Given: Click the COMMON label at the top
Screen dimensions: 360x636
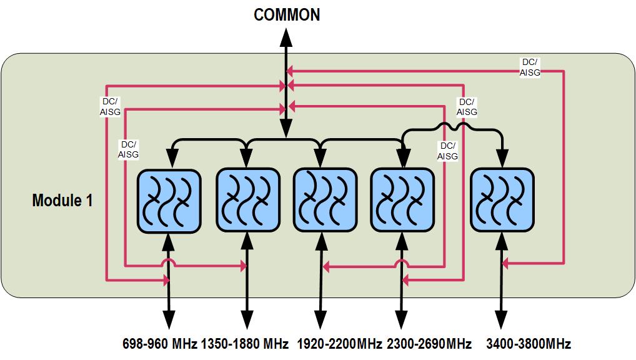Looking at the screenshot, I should tap(286, 15).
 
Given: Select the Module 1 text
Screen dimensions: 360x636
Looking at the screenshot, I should tap(62, 201).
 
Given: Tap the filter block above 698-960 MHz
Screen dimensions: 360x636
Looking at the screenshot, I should tap(169, 201).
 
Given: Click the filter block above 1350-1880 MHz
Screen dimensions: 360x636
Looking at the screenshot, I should tap(247, 201).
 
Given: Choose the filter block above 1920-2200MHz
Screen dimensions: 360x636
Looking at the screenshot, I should tap(325, 201).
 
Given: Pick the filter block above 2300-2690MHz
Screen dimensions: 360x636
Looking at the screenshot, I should tap(402, 201).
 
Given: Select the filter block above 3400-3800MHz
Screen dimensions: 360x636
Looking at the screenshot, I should tap(502, 201).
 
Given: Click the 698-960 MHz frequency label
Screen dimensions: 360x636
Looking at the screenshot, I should tap(160, 344).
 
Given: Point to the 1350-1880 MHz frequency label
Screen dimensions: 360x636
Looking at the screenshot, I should tap(245, 344).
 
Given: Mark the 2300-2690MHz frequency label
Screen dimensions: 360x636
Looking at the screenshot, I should tap(429, 344).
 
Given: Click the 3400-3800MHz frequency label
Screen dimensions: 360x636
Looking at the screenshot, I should tap(529, 344).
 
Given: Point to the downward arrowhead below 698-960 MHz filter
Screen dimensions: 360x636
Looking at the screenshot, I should tap(169, 320).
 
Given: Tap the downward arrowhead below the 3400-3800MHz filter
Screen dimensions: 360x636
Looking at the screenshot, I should tap(502, 320).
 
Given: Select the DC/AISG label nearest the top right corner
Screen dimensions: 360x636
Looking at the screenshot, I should tap(530, 67).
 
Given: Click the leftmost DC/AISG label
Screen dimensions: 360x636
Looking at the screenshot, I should tap(111, 106).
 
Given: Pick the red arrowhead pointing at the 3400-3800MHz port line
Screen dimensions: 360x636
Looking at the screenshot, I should tap(506, 264).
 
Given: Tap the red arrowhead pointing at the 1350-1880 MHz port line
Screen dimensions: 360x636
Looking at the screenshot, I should tap(243, 267).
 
